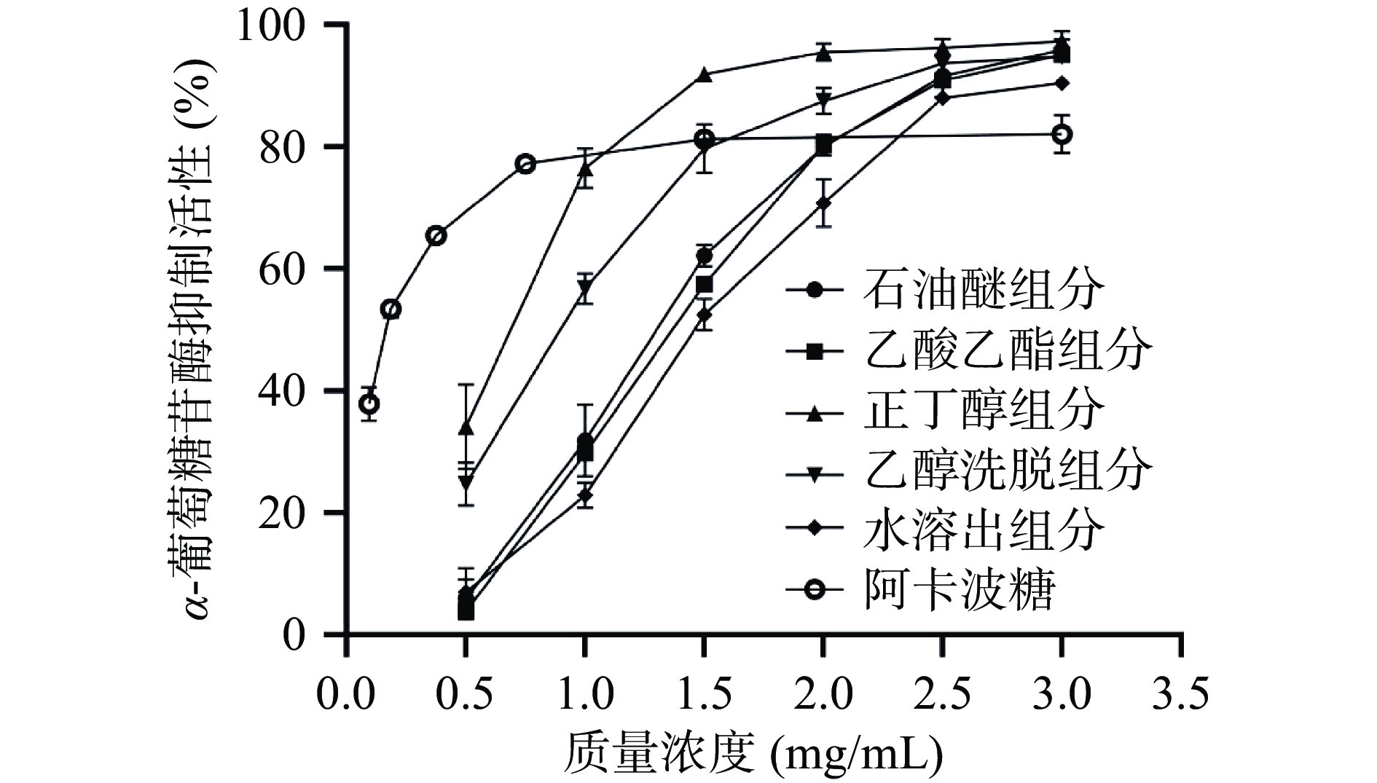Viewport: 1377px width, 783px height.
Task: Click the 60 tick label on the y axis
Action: pyautogui.click(x=286, y=269)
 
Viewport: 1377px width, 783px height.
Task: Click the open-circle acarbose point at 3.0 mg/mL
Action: pyautogui.click(x=1062, y=134)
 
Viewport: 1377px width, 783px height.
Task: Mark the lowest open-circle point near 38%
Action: pyautogui.click(x=369, y=404)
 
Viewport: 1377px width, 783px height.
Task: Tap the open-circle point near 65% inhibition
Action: pyautogui.click(x=436, y=235)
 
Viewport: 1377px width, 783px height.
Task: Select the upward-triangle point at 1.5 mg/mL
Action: pyautogui.click(x=704, y=74)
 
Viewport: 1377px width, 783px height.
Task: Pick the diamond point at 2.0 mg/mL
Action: pyautogui.click(x=823, y=202)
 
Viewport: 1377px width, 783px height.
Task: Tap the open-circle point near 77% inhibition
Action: pyautogui.click(x=525, y=164)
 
